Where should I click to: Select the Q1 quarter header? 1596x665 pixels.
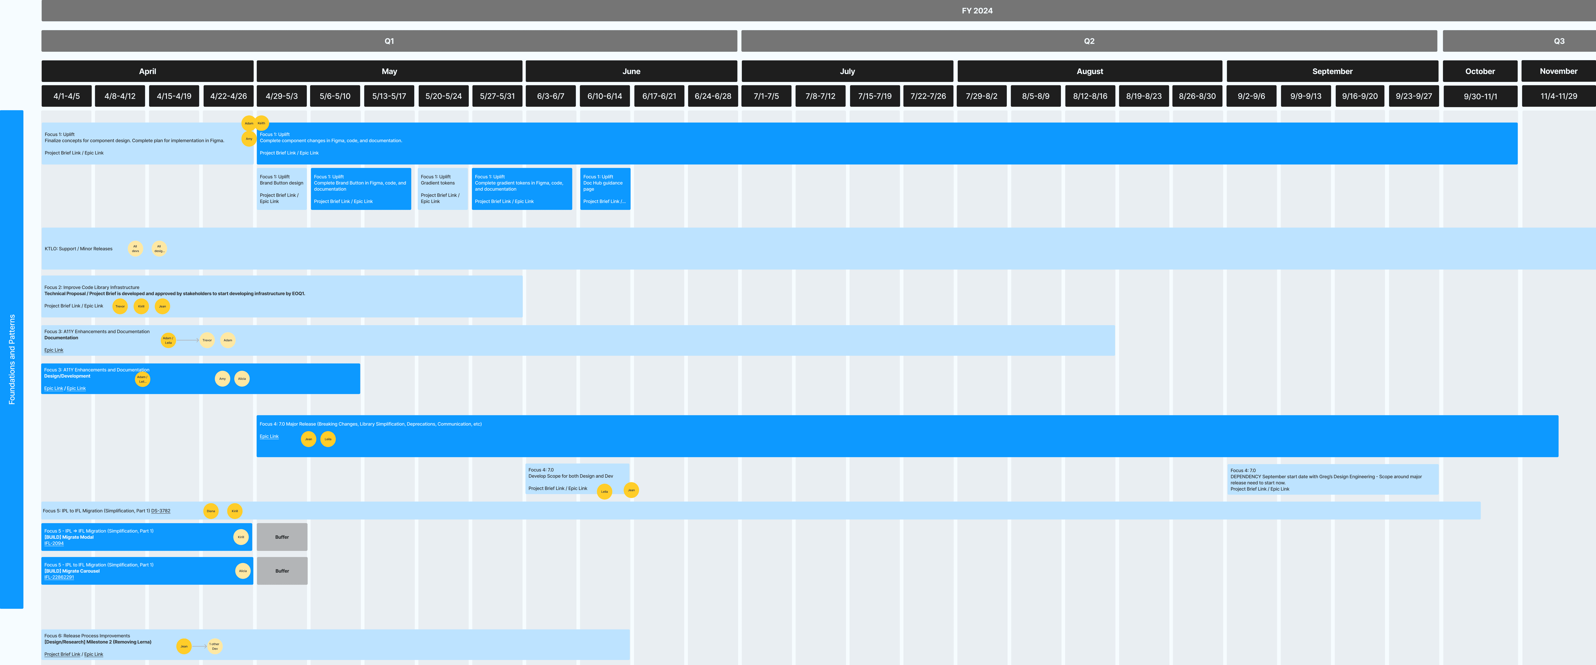[389, 41]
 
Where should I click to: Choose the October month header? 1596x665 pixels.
[1479, 71]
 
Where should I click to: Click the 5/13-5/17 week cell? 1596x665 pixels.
[389, 96]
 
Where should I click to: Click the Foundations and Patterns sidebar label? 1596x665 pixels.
[12, 359]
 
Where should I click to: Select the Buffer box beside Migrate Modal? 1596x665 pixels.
[282, 537]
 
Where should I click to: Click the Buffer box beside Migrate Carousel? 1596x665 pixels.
[282, 571]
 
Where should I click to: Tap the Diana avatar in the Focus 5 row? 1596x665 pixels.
[211, 511]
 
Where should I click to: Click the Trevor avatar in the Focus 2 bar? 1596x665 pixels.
[120, 306]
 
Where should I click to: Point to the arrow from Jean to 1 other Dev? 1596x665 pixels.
[199, 646]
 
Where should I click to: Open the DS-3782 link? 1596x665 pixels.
[160, 511]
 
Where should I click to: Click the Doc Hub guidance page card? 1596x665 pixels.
[605, 189]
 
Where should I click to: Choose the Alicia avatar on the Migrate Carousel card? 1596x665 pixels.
[243, 571]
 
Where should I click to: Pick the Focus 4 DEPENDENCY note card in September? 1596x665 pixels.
[1332, 479]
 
